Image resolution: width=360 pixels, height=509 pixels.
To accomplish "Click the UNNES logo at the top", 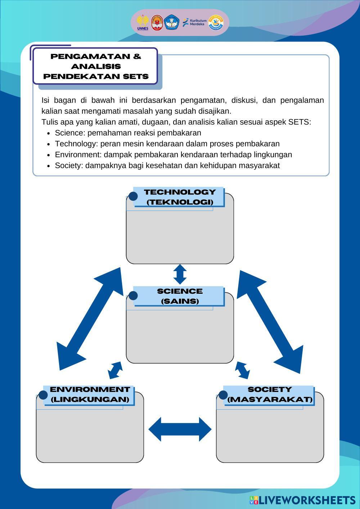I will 143,23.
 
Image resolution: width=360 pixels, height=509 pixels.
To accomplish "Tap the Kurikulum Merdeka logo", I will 194,22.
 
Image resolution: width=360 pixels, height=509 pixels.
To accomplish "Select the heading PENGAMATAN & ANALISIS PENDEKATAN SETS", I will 95,66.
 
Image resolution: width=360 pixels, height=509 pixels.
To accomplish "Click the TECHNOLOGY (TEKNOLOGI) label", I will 179,197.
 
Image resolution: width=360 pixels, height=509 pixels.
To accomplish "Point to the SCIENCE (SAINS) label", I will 179,296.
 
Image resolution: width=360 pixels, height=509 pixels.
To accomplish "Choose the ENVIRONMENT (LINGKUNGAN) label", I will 90,395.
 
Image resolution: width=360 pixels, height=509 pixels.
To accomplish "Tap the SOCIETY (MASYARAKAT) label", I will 270,395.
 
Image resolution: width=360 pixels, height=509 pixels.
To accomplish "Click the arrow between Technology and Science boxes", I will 180,274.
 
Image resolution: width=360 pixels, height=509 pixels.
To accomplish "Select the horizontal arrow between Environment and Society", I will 180,429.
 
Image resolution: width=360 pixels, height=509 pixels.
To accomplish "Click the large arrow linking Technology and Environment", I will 90,319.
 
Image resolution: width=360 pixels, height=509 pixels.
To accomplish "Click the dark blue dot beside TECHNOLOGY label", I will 133,196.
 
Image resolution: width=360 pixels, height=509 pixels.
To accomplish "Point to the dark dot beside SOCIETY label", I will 223,395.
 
